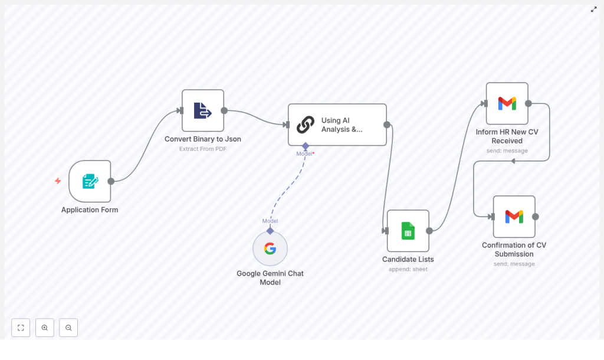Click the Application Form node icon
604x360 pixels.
pyautogui.click(x=90, y=181)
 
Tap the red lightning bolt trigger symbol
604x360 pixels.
pyautogui.click(x=58, y=181)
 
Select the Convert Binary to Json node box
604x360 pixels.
pyautogui.click(x=203, y=110)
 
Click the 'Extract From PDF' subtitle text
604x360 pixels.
pyautogui.click(x=203, y=149)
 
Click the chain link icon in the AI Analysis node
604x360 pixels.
pyautogui.click(x=305, y=125)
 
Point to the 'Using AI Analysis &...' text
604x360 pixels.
pyautogui.click(x=342, y=125)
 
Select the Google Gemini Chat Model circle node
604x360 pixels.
pyautogui.click(x=270, y=248)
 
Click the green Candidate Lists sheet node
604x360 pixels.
pyautogui.click(x=408, y=231)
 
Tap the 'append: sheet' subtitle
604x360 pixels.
pyautogui.click(x=408, y=269)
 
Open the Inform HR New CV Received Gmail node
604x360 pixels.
pyautogui.click(x=507, y=103)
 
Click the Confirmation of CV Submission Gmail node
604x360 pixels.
pyautogui.click(x=514, y=217)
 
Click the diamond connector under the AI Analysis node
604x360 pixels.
pyautogui.click(x=306, y=146)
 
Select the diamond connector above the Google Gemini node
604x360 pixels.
pyautogui.click(x=270, y=231)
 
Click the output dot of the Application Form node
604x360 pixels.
pyautogui.click(x=111, y=181)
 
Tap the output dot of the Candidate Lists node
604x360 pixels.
pyautogui.click(x=429, y=231)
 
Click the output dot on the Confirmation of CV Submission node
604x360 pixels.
pyautogui.click(x=536, y=217)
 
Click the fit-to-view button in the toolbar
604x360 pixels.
pyautogui.click(x=21, y=328)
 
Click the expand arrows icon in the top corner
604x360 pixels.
pyautogui.click(x=594, y=9)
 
